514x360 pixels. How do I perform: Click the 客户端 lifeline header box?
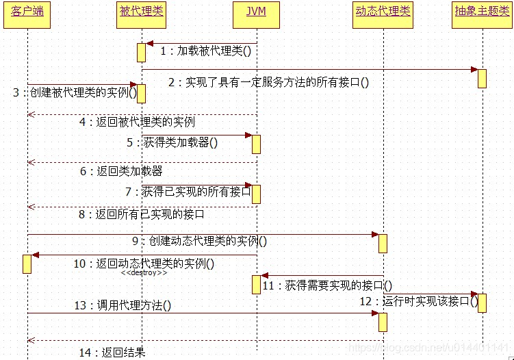click(x=27, y=14)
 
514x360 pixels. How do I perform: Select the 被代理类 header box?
click(x=141, y=14)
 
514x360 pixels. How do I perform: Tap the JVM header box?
click(x=256, y=14)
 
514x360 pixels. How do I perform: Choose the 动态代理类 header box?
click(x=383, y=14)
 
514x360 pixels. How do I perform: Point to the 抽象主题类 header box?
click(x=482, y=14)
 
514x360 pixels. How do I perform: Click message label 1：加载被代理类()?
click(x=205, y=51)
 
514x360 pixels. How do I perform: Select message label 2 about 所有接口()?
click(x=268, y=83)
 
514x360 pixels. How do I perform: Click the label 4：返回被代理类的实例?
click(x=137, y=122)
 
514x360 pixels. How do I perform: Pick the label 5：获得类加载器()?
click(x=172, y=142)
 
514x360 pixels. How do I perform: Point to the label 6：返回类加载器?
click(x=121, y=171)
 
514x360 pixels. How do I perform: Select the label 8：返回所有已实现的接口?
click(x=142, y=214)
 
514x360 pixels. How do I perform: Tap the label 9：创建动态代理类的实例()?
click(x=199, y=241)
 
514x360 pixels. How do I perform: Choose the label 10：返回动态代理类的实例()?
click(x=144, y=263)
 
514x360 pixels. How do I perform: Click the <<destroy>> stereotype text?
click(x=144, y=273)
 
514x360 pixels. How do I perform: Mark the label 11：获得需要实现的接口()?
click(x=327, y=285)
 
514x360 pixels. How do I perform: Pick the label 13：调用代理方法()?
click(x=123, y=306)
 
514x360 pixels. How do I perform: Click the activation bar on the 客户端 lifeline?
click(x=27, y=263)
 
